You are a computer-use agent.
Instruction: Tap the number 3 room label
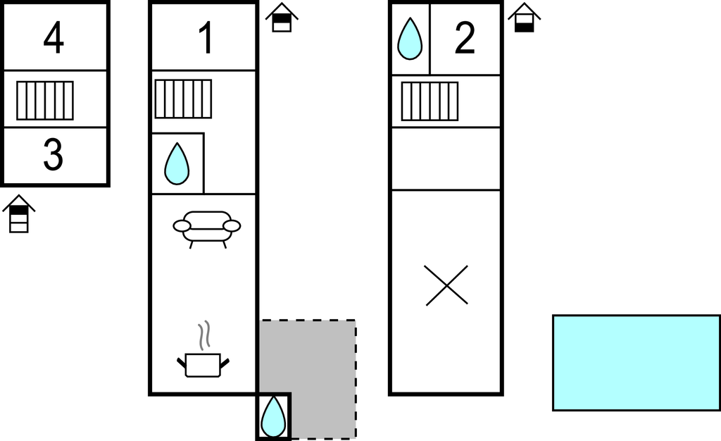tap(54, 155)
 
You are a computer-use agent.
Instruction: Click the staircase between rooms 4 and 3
tap(45, 100)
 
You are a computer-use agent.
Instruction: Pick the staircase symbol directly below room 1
tap(183, 99)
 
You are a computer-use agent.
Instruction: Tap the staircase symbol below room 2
tap(430, 101)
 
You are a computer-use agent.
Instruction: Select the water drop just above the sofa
tap(177, 164)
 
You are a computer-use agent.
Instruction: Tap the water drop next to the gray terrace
tap(273, 416)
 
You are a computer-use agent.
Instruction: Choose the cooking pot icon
tap(203, 364)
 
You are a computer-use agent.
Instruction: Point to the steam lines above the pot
tap(204, 335)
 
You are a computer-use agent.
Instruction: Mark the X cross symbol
tap(447, 285)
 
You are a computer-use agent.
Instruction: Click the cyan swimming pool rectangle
tap(636, 362)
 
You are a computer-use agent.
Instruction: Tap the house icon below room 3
tap(19, 214)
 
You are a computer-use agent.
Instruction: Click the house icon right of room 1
tap(282, 18)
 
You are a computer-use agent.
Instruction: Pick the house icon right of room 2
tap(524, 18)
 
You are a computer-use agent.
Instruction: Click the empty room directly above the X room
tap(446, 159)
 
